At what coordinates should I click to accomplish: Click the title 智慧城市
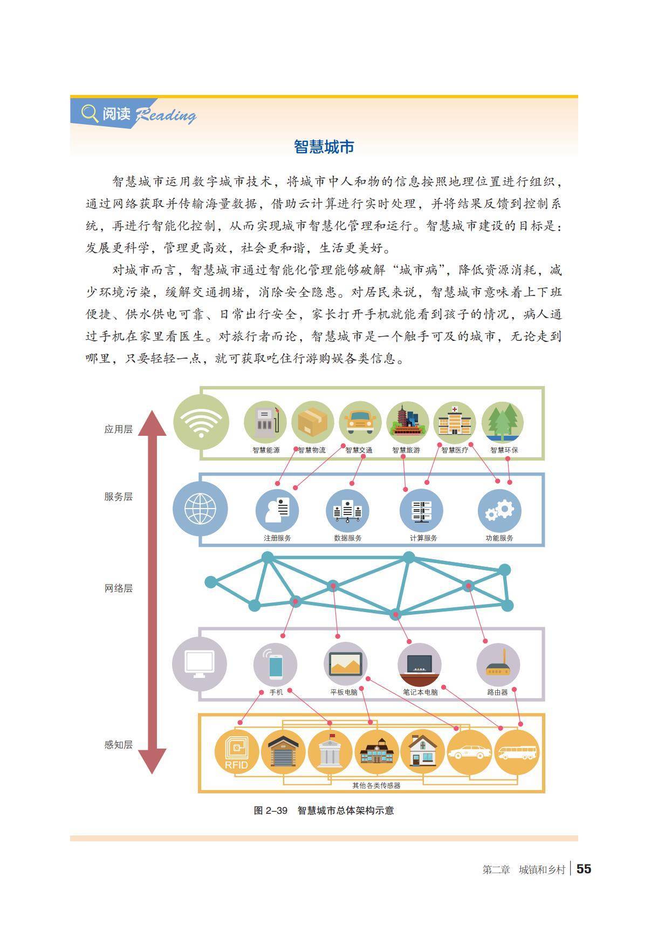point(324,147)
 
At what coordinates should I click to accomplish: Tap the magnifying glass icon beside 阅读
point(89,114)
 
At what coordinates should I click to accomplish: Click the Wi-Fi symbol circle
point(201,422)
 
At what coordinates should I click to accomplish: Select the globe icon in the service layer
point(200,509)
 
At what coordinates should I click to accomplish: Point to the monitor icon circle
point(199,664)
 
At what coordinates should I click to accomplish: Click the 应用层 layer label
point(118,429)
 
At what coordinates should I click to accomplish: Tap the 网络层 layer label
point(118,588)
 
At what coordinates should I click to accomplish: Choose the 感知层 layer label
point(118,745)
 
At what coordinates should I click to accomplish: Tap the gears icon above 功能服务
point(499,510)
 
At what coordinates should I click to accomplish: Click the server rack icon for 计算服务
point(421,510)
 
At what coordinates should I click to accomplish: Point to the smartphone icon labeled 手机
point(275,665)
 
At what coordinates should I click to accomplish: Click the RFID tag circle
point(236,752)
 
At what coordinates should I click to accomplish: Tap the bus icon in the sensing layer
point(517,752)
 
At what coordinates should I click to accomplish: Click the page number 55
point(584,869)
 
